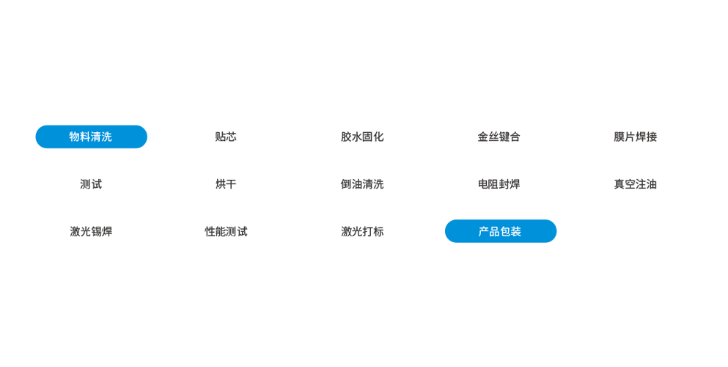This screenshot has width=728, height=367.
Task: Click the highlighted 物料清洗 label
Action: pos(91,137)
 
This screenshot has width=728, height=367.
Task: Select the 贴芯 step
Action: pos(226,137)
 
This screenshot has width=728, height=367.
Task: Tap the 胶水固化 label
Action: pos(362,137)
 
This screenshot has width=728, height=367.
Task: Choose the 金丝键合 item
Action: pos(499,137)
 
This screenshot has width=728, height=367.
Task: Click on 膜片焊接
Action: pos(635,137)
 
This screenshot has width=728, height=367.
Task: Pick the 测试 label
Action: pos(91,184)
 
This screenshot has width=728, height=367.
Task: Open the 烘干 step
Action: pos(226,184)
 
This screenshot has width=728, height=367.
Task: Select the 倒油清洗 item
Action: pos(362,184)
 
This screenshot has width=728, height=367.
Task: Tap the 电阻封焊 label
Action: pos(499,184)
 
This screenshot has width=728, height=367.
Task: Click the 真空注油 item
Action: pos(635,184)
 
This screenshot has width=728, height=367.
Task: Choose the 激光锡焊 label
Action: pos(91,232)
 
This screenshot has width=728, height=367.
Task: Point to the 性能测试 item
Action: pos(226,232)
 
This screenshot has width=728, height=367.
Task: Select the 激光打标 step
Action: pos(362,232)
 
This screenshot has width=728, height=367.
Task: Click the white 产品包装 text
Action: pos(499,232)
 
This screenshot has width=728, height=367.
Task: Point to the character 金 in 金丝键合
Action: pos(483,137)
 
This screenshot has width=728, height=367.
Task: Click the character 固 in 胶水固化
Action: pos(367,137)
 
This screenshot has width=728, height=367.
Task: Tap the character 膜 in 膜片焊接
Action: pos(619,137)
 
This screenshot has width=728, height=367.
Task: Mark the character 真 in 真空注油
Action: pos(619,184)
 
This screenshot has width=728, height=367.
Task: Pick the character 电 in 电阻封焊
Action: pos(483,184)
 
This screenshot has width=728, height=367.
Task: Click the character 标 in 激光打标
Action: pos(378,232)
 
